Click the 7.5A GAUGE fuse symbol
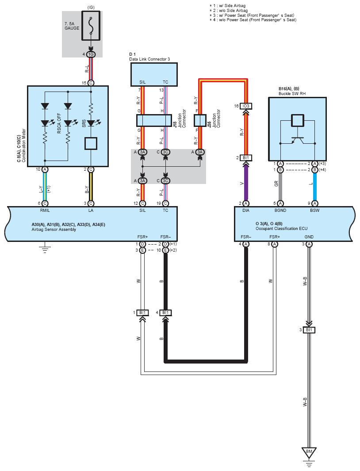[91, 26]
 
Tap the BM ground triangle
[309, 452]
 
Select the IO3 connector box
[246, 106]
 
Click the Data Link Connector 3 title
[149, 59]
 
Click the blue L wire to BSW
[314, 186]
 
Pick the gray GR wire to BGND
[280, 186]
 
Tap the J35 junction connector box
[200, 120]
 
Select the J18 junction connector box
[154, 120]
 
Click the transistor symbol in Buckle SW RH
[298, 141]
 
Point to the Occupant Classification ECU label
[282, 229]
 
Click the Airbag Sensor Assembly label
[54, 230]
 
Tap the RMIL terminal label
[45, 210]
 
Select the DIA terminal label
[246, 210]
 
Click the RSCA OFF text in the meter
[59, 123]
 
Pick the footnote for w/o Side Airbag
[229, 11]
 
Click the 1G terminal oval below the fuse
[91, 54]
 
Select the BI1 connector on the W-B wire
[309, 330]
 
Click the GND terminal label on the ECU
[309, 237]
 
